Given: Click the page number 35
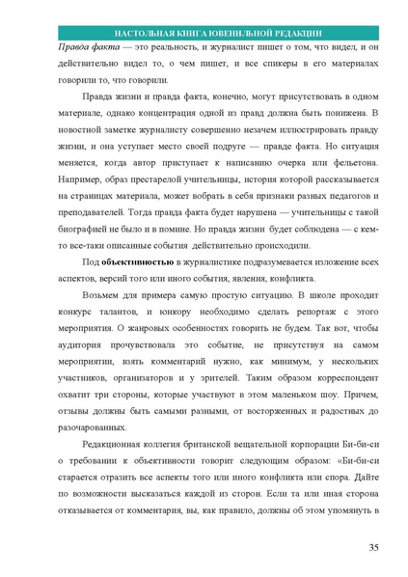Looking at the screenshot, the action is [x=372, y=548].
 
